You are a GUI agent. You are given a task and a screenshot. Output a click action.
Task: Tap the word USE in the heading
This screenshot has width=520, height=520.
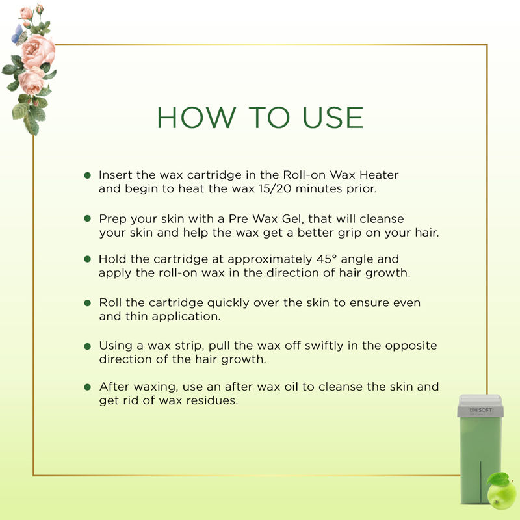pyautogui.click(x=333, y=118)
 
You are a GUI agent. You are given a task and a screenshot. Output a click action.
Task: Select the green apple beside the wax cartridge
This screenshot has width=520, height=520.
pyautogui.click(x=501, y=492)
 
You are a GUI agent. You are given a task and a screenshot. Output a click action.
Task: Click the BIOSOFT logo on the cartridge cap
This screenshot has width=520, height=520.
pyautogui.click(x=480, y=410)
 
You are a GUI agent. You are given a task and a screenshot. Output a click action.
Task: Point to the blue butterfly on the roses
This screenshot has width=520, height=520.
pyautogui.click(x=18, y=35)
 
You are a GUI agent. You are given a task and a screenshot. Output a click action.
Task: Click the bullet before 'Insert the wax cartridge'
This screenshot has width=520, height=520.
pyautogui.click(x=88, y=175)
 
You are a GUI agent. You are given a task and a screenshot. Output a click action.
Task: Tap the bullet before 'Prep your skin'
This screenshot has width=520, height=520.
pyautogui.click(x=88, y=218)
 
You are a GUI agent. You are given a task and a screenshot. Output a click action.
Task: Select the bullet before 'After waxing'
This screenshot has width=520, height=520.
pyautogui.click(x=88, y=387)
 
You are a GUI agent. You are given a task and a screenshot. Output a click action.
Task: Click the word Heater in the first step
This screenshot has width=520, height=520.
pyautogui.click(x=379, y=175)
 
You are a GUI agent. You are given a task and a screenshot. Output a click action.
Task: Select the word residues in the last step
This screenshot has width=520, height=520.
pyautogui.click(x=212, y=400)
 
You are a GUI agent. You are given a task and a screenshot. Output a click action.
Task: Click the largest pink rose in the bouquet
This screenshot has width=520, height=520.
pyautogui.click(x=38, y=51)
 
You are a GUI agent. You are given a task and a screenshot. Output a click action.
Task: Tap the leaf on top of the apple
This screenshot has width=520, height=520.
pyautogui.click(x=498, y=478)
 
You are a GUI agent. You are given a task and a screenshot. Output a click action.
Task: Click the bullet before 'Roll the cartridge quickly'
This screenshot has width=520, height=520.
pyautogui.click(x=88, y=303)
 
